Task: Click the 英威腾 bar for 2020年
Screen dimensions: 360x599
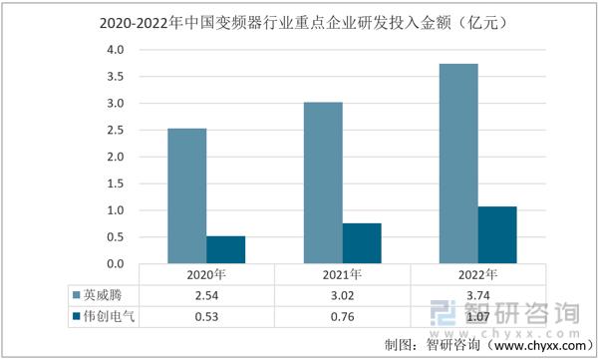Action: pyautogui.click(x=186, y=196)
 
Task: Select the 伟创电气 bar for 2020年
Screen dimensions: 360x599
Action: pyautogui.click(x=225, y=250)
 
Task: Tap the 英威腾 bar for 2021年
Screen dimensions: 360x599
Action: pyautogui.click(x=323, y=183)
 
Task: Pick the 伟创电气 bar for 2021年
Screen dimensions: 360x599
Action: pyautogui.click(x=362, y=244)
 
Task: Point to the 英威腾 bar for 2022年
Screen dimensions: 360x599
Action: pyautogui.click(x=458, y=165)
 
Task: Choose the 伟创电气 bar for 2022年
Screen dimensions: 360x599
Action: pyautogui.click(x=497, y=235)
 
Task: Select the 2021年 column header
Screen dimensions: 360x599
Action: pyautogui.click(x=342, y=274)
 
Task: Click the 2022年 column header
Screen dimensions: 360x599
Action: pyautogui.click(x=477, y=274)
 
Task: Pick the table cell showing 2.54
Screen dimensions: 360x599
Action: pyautogui.click(x=206, y=294)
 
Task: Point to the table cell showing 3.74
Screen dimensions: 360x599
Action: pyautogui.click(x=477, y=294)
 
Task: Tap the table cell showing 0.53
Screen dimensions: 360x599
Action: pyautogui.click(x=206, y=316)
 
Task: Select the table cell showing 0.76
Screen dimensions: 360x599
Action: pyautogui.click(x=342, y=316)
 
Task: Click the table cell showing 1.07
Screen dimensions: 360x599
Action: pyautogui.click(x=477, y=316)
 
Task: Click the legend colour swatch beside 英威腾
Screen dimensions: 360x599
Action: pyautogui.click(x=75, y=295)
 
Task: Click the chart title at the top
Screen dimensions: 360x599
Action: pyautogui.click(x=299, y=19)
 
